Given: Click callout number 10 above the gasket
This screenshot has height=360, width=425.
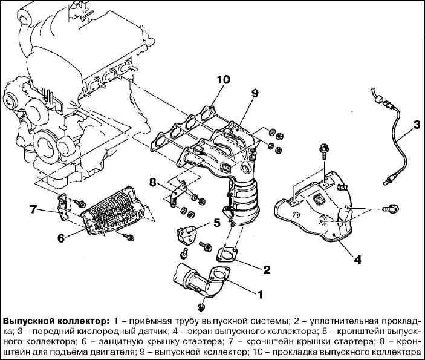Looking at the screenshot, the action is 223,80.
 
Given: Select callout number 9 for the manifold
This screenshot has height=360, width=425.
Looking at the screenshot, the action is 255,93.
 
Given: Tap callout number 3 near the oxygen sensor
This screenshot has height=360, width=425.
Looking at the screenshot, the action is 417,126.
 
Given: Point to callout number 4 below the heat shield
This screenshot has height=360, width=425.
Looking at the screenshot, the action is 357,260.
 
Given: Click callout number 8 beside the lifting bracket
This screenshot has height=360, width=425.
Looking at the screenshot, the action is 153,183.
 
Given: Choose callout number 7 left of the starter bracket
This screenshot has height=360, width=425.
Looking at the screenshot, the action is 33,209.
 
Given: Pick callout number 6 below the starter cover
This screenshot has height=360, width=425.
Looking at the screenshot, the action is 61,238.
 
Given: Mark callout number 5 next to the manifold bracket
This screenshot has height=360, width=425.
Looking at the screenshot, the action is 217,223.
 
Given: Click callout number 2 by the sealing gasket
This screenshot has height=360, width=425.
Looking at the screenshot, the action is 267,270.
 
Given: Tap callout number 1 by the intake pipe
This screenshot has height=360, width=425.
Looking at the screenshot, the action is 260,294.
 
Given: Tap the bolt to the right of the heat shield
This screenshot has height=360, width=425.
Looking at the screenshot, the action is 391,209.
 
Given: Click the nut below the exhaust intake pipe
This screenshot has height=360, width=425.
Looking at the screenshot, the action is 201,307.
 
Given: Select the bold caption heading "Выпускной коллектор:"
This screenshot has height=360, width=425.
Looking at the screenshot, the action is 56,321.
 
